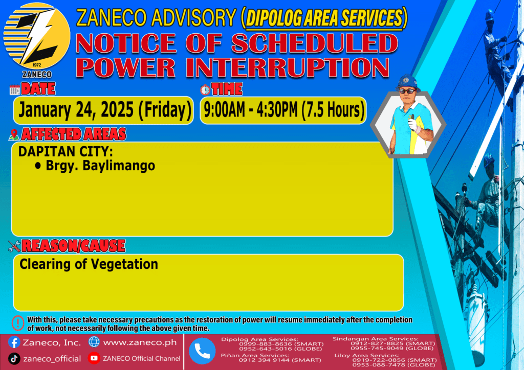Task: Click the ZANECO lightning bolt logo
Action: (x=37, y=36)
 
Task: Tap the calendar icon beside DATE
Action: (x=14, y=90)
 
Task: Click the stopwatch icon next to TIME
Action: (x=205, y=90)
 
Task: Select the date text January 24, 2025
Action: (x=76, y=110)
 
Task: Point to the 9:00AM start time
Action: (x=224, y=110)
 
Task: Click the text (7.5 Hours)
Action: (x=333, y=110)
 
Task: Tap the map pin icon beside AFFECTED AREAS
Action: (x=14, y=135)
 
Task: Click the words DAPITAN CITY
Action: (x=65, y=151)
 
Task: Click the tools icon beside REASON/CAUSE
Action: (x=14, y=246)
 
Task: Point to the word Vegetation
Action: (x=124, y=264)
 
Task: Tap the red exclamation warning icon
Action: (x=18, y=323)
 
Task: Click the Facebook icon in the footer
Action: (x=14, y=342)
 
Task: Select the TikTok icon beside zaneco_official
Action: (x=14, y=359)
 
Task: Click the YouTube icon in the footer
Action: (x=94, y=358)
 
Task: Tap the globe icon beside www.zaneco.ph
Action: (x=94, y=342)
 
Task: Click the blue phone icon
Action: (x=202, y=351)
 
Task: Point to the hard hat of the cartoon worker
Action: (x=407, y=82)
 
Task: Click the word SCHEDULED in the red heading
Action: (x=315, y=43)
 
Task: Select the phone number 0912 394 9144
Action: (x=264, y=360)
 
